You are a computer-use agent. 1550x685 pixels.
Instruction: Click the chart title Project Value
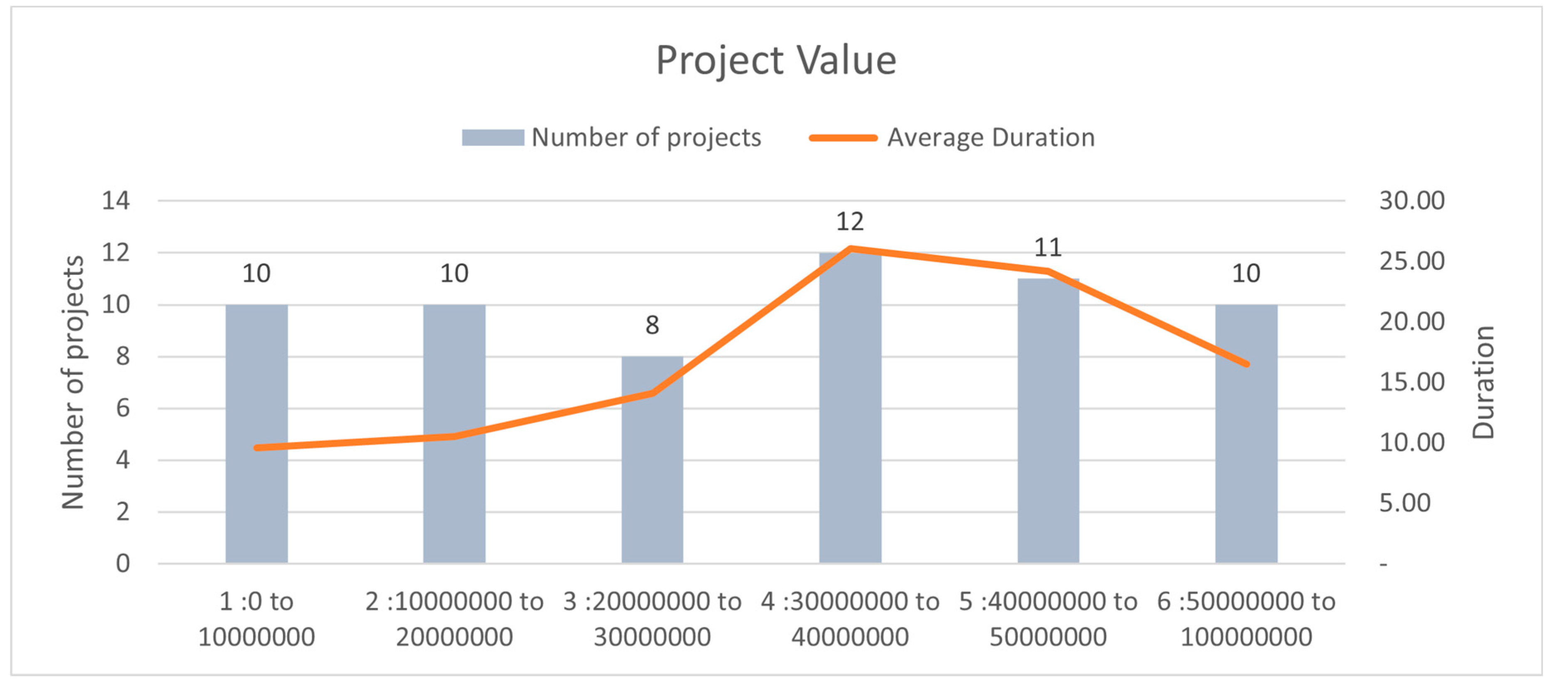click(x=775, y=60)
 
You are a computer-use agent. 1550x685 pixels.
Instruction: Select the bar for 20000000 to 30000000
click(x=652, y=481)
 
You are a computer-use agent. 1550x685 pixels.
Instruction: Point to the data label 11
click(x=1047, y=248)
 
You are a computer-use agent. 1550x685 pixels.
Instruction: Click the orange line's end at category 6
click(x=1246, y=364)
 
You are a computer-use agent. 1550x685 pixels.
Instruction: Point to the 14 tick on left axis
click(x=116, y=201)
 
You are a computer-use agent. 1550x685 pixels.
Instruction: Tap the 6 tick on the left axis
click(x=123, y=408)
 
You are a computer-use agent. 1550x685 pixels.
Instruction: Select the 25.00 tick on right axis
click(x=1411, y=261)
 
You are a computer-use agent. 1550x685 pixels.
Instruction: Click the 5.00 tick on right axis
click(x=1404, y=503)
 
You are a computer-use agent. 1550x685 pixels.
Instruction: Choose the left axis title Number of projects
click(x=73, y=382)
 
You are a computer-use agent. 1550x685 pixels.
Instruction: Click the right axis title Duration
click(x=1483, y=382)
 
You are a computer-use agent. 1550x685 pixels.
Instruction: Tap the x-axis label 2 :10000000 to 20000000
click(x=454, y=619)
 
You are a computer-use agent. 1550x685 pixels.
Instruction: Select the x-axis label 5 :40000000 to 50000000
click(x=1047, y=619)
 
